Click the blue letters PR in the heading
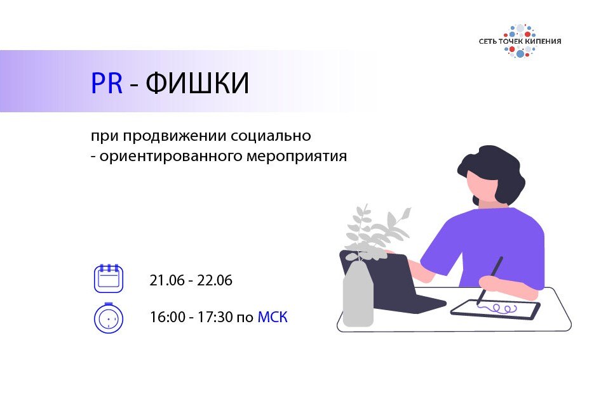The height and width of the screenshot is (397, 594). tap(107, 84)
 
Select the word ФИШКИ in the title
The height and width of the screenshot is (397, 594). tap(198, 84)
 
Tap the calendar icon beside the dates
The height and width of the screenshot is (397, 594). tap(109, 278)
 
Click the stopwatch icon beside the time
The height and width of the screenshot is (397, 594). tap(109, 317)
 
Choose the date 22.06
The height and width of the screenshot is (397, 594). tap(215, 280)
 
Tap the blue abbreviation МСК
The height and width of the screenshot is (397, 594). tap(273, 317)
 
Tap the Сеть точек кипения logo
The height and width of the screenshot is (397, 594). tap(520, 41)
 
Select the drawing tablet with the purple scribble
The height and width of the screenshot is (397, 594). tap(496, 309)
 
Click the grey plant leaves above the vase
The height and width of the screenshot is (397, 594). tap(375, 228)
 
